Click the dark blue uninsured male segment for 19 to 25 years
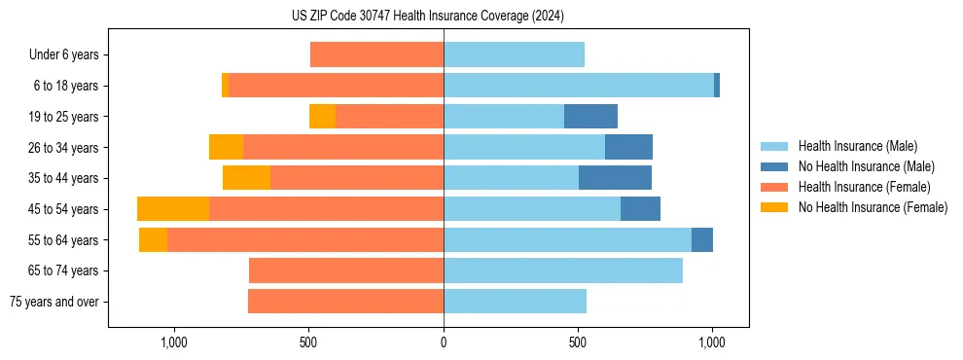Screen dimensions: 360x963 coord(590,117)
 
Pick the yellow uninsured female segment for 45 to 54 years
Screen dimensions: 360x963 coord(173,209)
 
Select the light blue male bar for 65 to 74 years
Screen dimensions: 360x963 coord(562,270)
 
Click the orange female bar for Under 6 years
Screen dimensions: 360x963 coord(376,55)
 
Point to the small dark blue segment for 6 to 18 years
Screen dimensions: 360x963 coord(717,86)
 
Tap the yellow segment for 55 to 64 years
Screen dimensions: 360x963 coord(153,240)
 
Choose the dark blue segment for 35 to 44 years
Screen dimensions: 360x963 coord(615,178)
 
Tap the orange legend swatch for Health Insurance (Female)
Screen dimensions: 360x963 coord(775,187)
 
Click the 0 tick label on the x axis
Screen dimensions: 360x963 coord(444,342)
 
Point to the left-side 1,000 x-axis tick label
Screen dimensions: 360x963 coord(174,342)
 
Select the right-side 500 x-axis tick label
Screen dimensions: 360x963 coord(578,342)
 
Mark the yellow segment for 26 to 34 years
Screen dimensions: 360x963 coord(226,148)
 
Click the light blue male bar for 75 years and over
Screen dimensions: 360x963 coord(515,302)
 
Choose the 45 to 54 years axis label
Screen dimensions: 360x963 coord(64,209)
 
